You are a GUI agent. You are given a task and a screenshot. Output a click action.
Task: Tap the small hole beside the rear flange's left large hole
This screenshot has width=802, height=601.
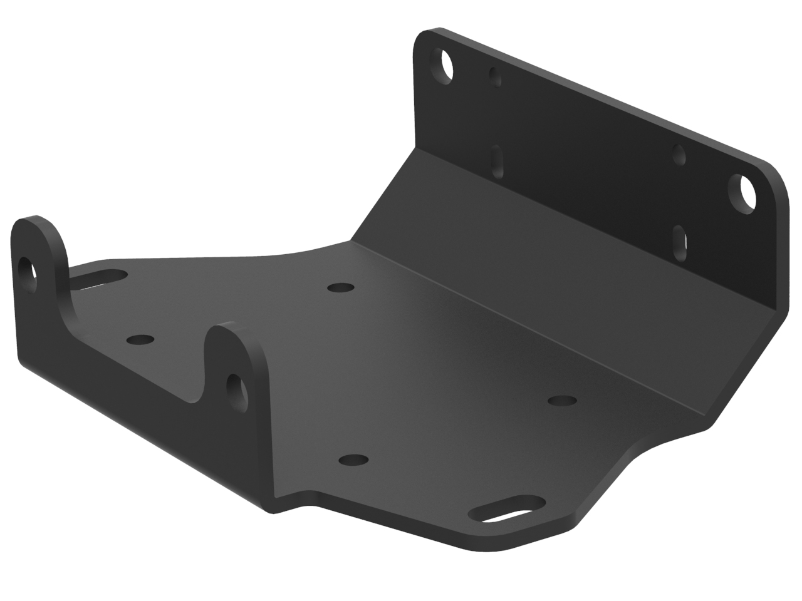click(496, 77)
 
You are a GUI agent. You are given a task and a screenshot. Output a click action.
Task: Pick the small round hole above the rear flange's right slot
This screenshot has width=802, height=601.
click(679, 154)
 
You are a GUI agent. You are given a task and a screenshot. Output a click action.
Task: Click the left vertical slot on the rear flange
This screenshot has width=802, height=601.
click(499, 162)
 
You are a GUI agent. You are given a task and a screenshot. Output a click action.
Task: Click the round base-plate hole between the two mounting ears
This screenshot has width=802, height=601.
click(140, 340)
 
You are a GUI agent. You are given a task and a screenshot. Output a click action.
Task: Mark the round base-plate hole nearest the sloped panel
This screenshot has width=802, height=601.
click(340, 287)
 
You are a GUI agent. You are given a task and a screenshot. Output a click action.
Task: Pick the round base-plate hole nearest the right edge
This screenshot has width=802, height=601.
click(563, 400)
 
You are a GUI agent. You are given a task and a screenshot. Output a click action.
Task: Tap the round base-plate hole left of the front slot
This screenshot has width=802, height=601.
click(353, 460)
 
